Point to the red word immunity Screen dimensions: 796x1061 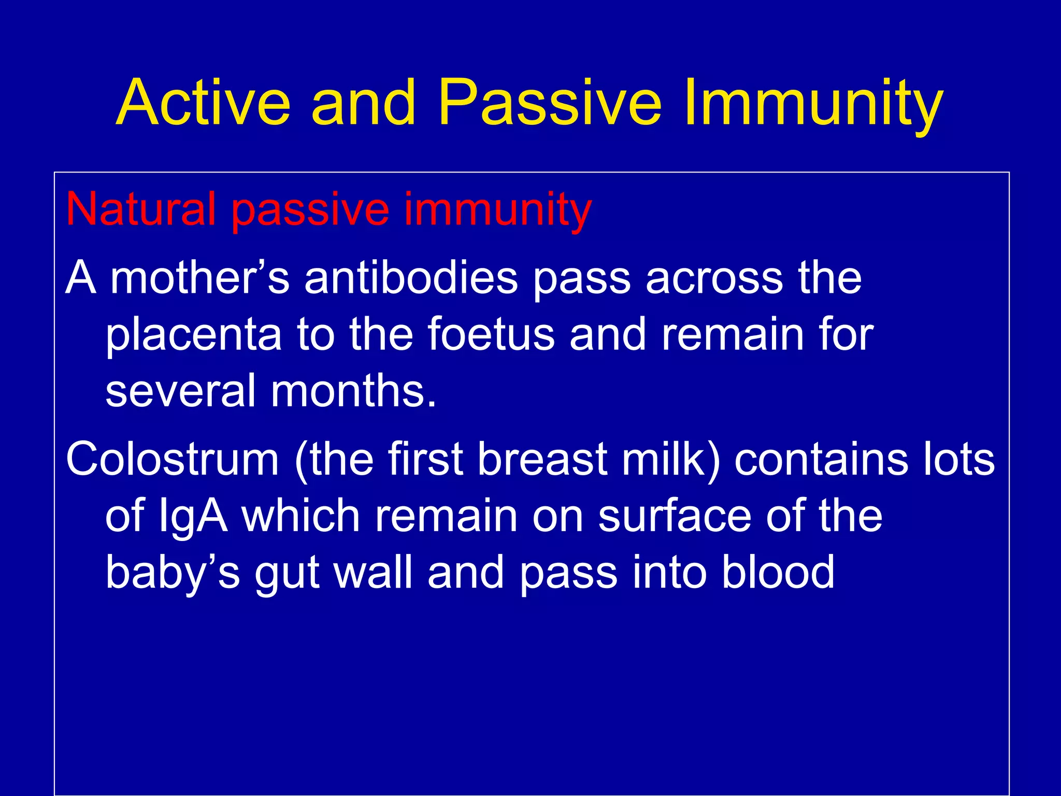[497, 210]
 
